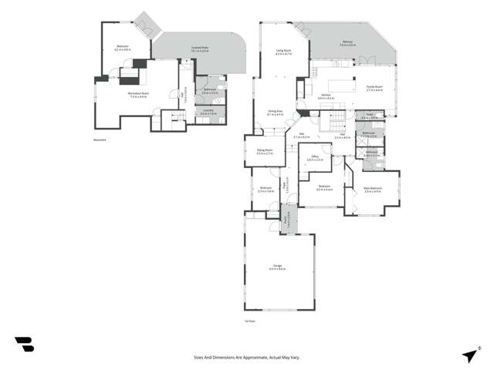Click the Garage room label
point(278,267)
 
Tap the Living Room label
point(283,52)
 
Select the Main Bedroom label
point(373,188)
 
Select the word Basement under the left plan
point(100,140)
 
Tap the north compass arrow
point(469,355)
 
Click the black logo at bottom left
point(24,345)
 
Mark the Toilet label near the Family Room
point(370,116)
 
